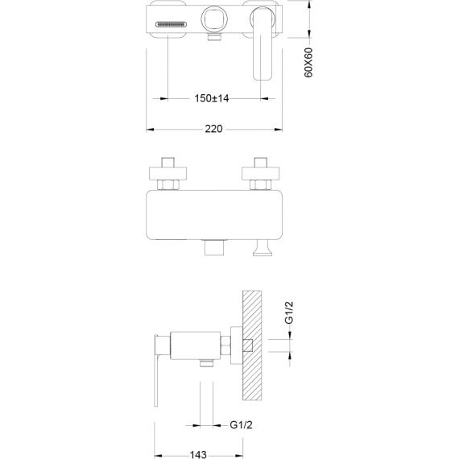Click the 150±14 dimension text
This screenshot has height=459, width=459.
[x=212, y=98]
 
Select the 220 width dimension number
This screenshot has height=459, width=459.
[x=213, y=129]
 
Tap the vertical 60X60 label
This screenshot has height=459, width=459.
[x=308, y=63]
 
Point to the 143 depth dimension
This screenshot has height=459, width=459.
[x=198, y=455]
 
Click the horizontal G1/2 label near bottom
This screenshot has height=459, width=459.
[x=241, y=424]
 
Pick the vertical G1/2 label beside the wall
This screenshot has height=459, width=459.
[x=289, y=312]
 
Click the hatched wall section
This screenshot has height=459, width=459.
[x=252, y=345]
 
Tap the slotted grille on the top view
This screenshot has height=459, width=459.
[x=171, y=24]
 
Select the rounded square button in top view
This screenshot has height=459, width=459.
[x=214, y=19]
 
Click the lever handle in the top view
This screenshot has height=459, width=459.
[x=263, y=44]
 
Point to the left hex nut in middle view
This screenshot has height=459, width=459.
[x=167, y=184]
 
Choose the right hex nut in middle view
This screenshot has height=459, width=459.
[x=261, y=184]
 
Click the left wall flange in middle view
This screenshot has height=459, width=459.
[x=167, y=173]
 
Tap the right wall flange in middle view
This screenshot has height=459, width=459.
[x=261, y=173]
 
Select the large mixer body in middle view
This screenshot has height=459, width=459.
[x=214, y=215]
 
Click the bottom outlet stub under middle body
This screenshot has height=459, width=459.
[x=214, y=248]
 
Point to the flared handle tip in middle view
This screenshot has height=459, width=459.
[x=263, y=248]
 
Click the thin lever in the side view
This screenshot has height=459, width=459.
[x=156, y=370]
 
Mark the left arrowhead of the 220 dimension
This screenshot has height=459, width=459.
[x=150, y=129]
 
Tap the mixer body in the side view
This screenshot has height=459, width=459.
[x=195, y=345]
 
